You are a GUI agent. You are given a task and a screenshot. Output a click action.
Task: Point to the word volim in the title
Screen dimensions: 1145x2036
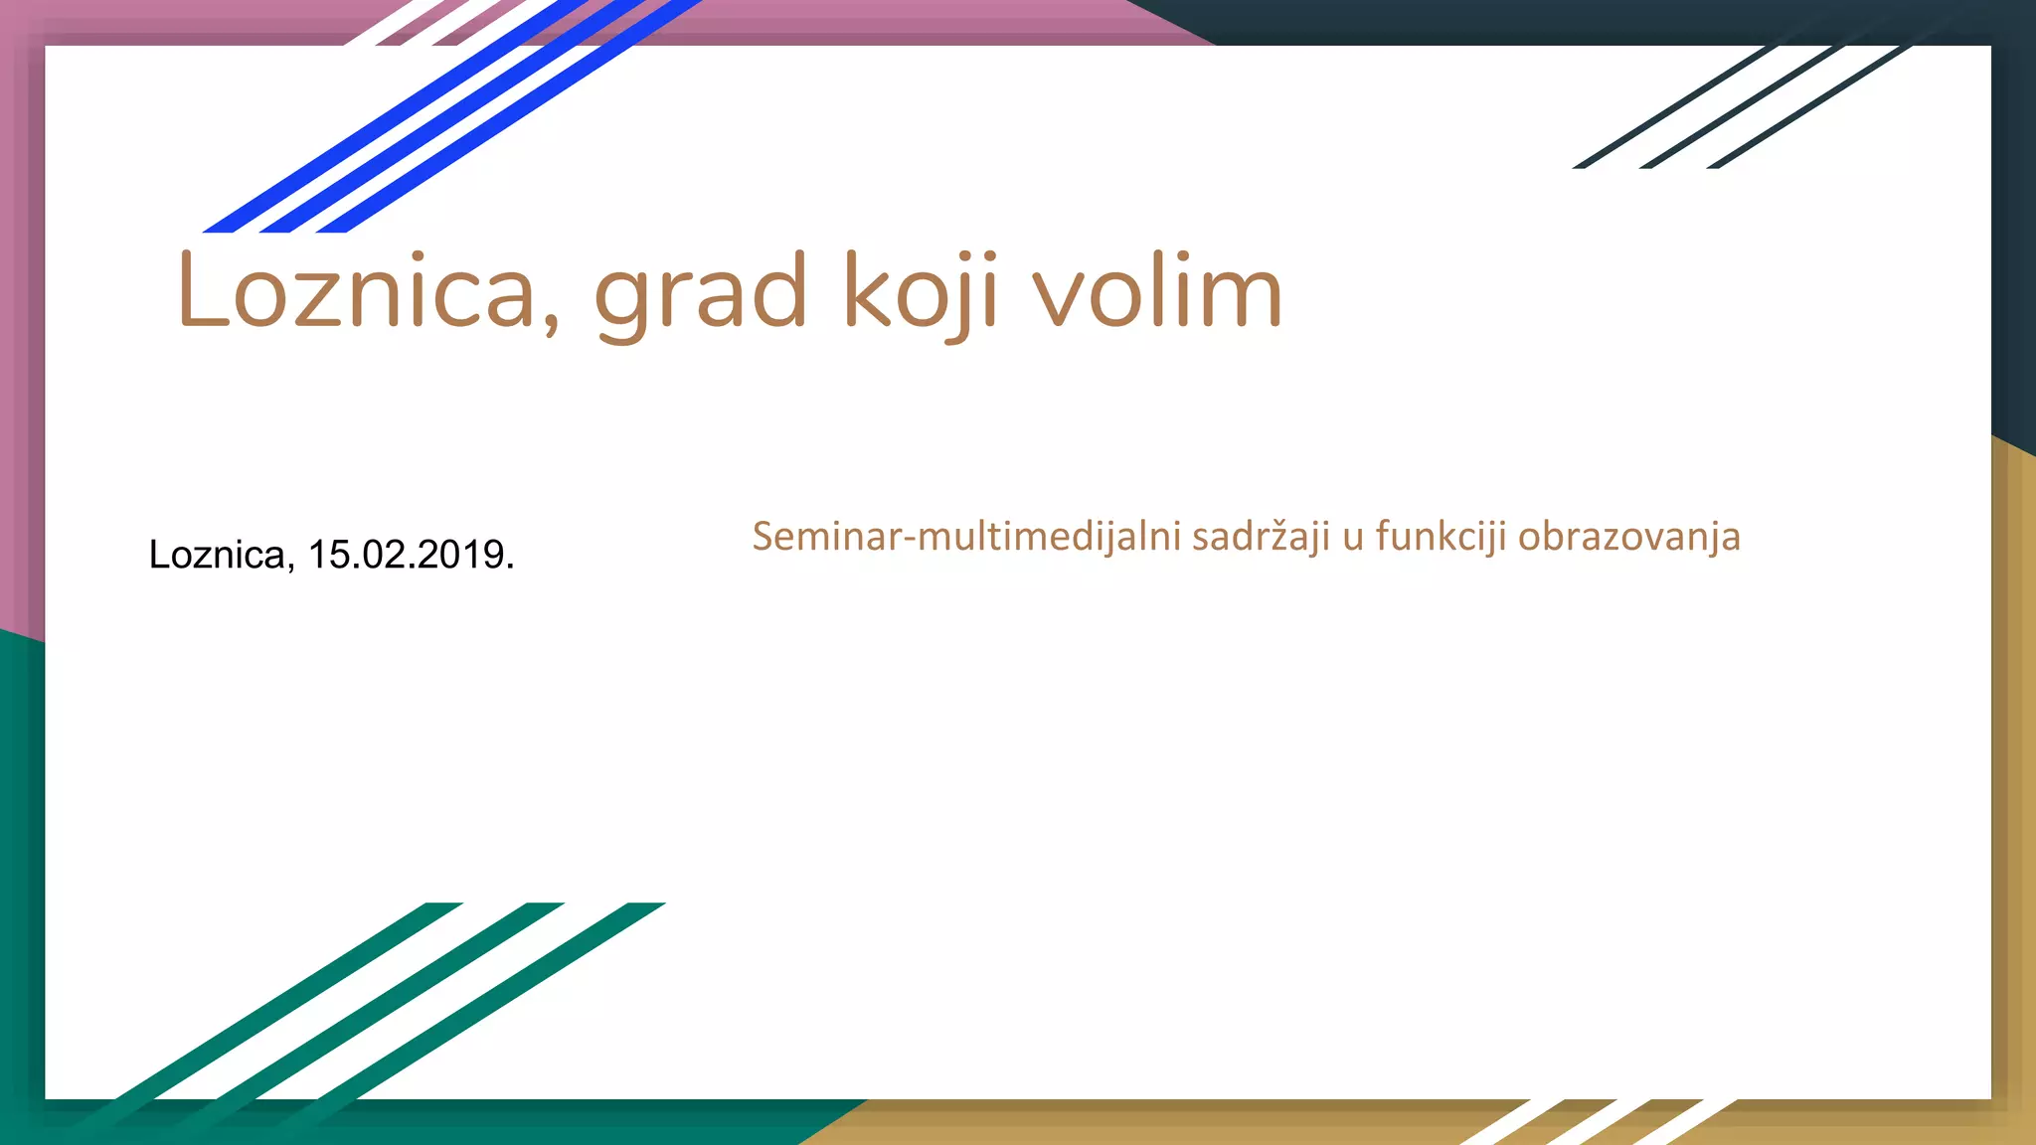click(1157, 292)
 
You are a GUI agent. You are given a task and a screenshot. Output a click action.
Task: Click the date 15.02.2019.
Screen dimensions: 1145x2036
click(411, 555)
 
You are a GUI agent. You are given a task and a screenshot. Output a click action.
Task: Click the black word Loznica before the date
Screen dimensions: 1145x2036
click(221, 555)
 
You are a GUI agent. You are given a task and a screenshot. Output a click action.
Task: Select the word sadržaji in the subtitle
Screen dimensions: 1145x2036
click(1260, 537)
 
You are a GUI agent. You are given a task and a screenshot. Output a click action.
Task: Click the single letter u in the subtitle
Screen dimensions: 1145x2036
click(1352, 539)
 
